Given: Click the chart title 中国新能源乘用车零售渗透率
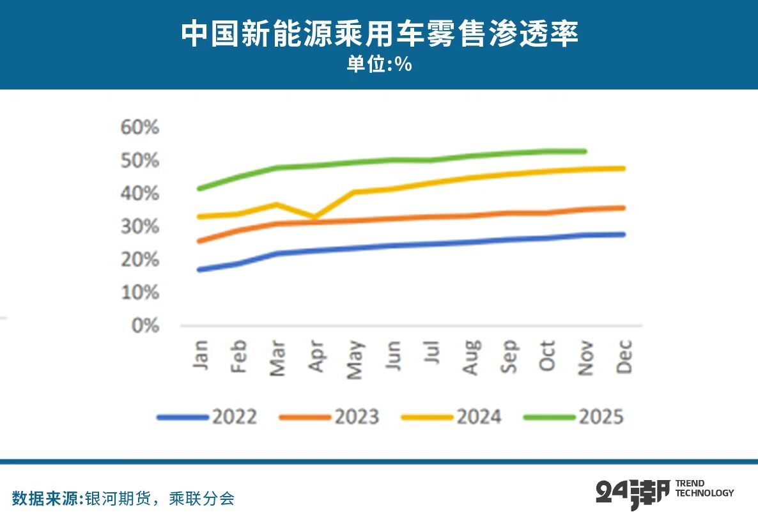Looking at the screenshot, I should (x=379, y=33).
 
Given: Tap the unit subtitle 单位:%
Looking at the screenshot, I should (x=379, y=65).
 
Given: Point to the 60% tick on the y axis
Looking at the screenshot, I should (x=140, y=127).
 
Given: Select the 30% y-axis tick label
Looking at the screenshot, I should (x=140, y=226).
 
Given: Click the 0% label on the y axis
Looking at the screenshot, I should (x=145, y=325).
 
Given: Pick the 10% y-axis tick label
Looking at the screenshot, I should (x=140, y=292).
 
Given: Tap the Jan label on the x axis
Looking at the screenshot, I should (x=201, y=355).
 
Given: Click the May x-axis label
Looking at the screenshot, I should (x=355, y=359).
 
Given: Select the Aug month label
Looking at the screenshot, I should (x=470, y=358).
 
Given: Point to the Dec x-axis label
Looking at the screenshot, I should (x=624, y=357).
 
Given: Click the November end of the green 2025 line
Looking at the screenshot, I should (x=585, y=151).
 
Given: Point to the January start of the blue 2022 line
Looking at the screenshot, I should (x=201, y=270).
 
